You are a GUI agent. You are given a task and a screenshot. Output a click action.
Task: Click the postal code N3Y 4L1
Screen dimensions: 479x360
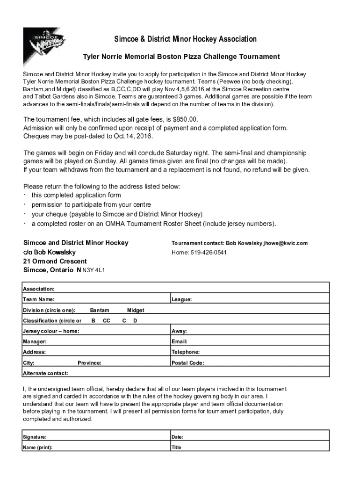[x=94, y=270]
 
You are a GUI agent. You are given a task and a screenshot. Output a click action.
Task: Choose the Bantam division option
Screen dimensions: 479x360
[x=100, y=310]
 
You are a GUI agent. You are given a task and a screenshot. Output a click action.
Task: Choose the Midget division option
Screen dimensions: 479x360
[x=136, y=310]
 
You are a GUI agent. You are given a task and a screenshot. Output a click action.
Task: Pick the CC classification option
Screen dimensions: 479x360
[x=107, y=321]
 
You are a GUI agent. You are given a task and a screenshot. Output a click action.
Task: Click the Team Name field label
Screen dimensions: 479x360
[x=38, y=299]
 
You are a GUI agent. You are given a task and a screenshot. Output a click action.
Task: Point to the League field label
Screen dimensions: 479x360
[x=182, y=299]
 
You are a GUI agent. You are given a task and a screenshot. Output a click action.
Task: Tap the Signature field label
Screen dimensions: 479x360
[x=35, y=437]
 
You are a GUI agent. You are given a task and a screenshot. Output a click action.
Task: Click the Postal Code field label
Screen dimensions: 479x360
[x=187, y=363]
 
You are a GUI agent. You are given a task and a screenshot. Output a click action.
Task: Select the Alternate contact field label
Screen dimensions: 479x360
[x=45, y=373]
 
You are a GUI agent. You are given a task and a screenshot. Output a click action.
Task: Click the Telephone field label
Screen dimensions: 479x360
[x=186, y=352]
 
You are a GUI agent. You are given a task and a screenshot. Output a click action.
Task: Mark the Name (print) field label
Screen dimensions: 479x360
[x=37, y=447]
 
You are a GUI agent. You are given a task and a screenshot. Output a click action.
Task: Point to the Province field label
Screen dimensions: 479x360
[x=89, y=363]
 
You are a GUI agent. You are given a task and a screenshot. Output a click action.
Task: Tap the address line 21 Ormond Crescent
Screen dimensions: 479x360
[x=55, y=261]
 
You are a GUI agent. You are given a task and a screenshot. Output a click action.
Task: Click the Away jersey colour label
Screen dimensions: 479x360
[x=180, y=331]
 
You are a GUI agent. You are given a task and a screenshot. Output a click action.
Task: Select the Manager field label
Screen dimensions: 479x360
[x=35, y=342]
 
